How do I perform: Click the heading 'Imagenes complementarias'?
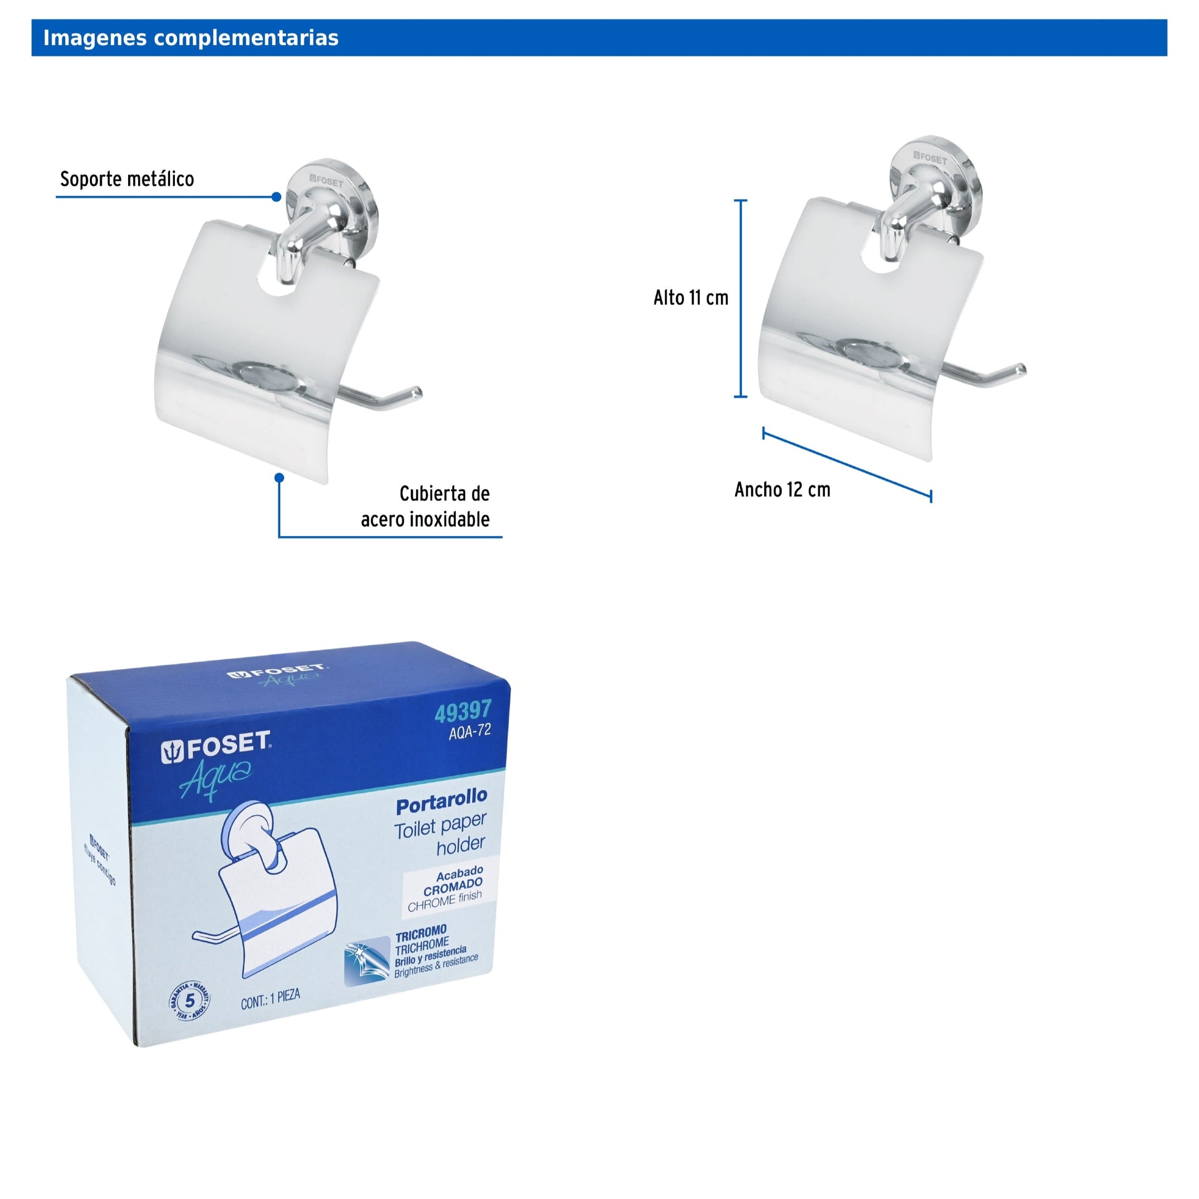190,38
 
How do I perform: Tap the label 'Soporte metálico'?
126,179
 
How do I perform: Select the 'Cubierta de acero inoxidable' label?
425,506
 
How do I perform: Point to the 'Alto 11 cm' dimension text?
691,298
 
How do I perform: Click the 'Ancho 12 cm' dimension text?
782,490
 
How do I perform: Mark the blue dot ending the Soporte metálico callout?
277,197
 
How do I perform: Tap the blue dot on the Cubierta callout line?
279,478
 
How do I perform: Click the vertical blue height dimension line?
741,298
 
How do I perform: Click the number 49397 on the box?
463,711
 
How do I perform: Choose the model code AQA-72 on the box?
469,732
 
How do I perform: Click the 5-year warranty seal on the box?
189,1001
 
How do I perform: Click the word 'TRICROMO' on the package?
421,933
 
